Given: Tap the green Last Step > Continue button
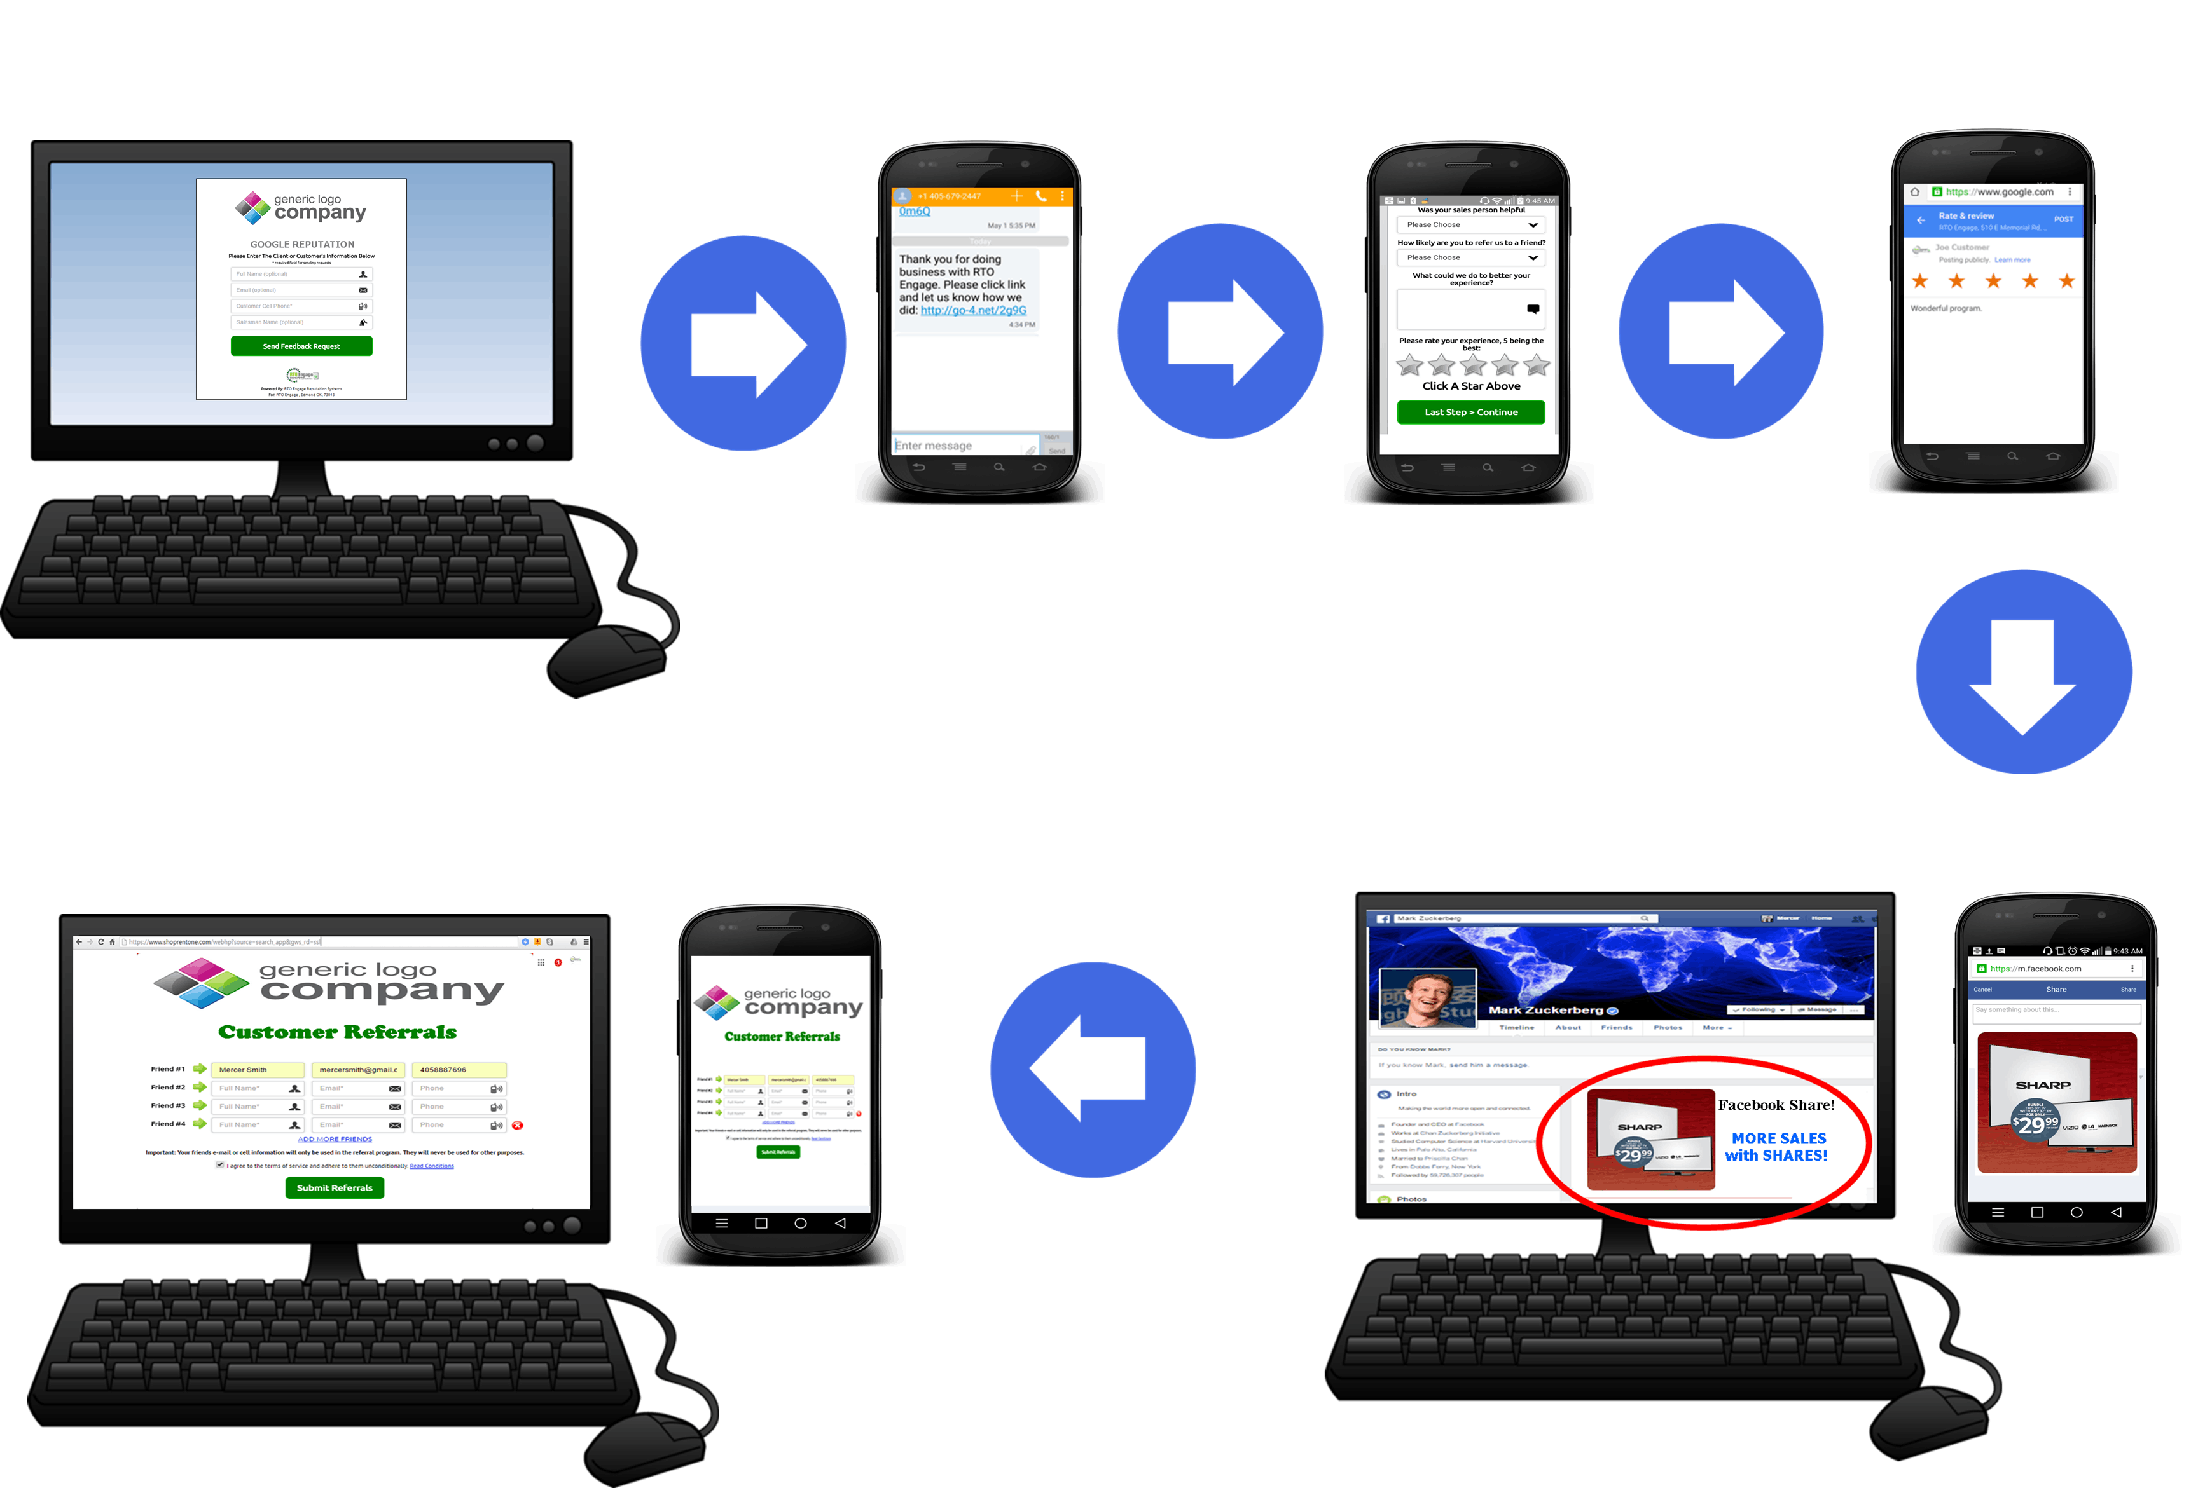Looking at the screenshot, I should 1470,413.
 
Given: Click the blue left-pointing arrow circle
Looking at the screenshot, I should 1092,1070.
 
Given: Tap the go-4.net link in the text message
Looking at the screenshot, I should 973,311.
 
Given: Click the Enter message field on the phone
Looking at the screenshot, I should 962,446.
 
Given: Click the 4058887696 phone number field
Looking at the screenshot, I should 458,1070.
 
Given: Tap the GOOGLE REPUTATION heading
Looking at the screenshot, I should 301,244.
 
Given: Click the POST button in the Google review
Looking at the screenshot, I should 2064,219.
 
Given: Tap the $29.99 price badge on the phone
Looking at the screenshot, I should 2035,1124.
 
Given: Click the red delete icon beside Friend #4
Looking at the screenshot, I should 518,1125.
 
